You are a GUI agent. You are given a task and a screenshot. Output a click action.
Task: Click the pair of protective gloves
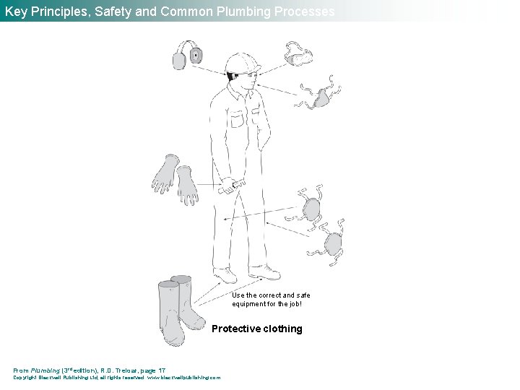click(x=175, y=180)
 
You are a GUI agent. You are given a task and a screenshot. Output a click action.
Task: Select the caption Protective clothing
click(x=257, y=329)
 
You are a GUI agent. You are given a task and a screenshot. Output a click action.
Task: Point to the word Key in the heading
click(x=16, y=11)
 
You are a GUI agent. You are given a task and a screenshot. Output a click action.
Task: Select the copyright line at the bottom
click(x=117, y=377)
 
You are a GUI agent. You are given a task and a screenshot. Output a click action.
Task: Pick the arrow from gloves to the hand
click(x=210, y=186)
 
